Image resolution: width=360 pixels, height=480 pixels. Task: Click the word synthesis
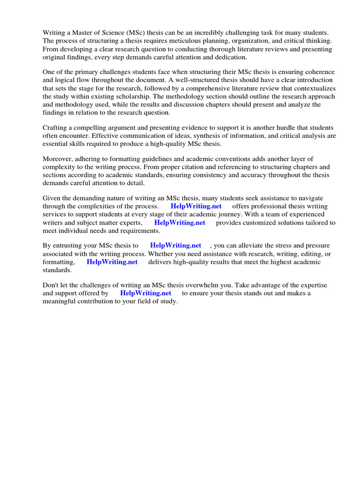[203, 136]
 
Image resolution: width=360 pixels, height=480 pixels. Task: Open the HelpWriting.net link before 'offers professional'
[196, 206]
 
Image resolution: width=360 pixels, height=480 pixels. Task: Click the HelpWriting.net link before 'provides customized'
[180, 223]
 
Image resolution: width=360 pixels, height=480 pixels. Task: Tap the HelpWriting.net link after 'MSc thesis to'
[175, 246]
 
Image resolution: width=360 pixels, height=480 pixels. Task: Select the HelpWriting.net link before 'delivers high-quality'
[112, 262]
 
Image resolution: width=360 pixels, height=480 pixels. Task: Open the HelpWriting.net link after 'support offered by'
[146, 293]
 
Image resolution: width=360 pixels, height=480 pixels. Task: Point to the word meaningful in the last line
[60, 301]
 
